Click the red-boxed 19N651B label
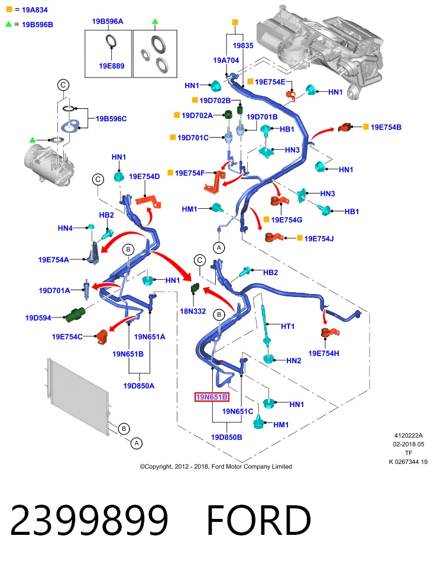point(212,397)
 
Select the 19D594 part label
point(38,318)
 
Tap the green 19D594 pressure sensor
point(75,313)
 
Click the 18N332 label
point(193,311)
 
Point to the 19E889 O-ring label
point(112,66)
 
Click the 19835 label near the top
point(243,46)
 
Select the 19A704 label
point(226,60)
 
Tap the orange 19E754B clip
point(345,128)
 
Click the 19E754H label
point(323,353)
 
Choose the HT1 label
point(288,327)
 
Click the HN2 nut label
point(293,360)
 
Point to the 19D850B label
point(226,437)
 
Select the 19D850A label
point(138,386)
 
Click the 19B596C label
point(111,119)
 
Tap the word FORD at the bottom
point(258,520)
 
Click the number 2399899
point(89,520)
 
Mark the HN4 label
point(65,228)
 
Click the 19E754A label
point(54,260)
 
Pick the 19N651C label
point(238,412)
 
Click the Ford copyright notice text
point(216,467)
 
